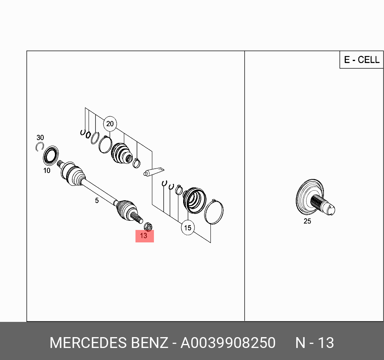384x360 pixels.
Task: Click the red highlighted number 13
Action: tap(144, 236)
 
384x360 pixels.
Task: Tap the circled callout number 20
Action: tap(110, 124)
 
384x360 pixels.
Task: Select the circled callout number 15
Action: tap(188, 228)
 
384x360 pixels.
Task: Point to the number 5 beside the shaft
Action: tap(97, 200)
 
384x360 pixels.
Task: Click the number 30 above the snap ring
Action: tap(40, 138)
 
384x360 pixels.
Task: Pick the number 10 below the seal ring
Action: tap(47, 171)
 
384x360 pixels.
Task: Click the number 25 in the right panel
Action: tap(307, 221)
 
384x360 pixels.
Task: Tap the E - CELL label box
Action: tap(362, 60)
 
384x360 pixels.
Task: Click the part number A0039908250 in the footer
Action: tap(228, 343)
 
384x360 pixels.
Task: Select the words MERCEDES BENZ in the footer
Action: tap(109, 343)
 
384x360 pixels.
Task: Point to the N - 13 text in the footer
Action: tap(315, 343)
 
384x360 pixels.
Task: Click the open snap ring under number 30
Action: tap(39, 147)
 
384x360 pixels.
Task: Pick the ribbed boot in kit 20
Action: tap(121, 153)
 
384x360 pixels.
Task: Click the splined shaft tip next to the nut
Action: tap(139, 220)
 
